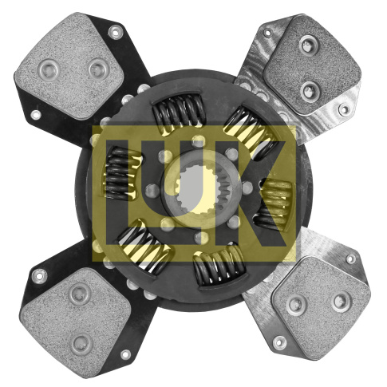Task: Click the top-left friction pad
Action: pyautogui.click(x=69, y=65)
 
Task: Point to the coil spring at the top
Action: pyautogui.click(x=179, y=111)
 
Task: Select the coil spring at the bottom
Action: pyautogui.click(x=219, y=264)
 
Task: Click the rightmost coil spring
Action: pyautogui.click(x=274, y=204)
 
